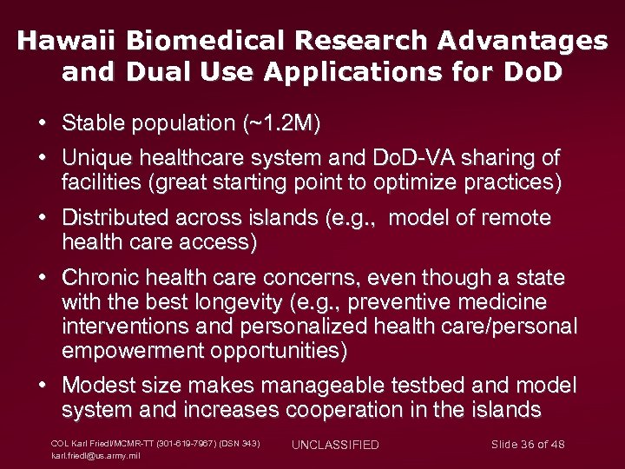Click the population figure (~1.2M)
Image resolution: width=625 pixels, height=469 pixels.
(x=278, y=124)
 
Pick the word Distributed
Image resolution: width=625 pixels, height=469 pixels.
(x=117, y=217)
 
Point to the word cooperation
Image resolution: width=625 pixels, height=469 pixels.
(x=360, y=409)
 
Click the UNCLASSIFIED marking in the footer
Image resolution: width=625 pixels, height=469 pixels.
(x=335, y=445)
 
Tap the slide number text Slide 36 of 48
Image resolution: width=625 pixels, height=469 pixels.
(x=528, y=445)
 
